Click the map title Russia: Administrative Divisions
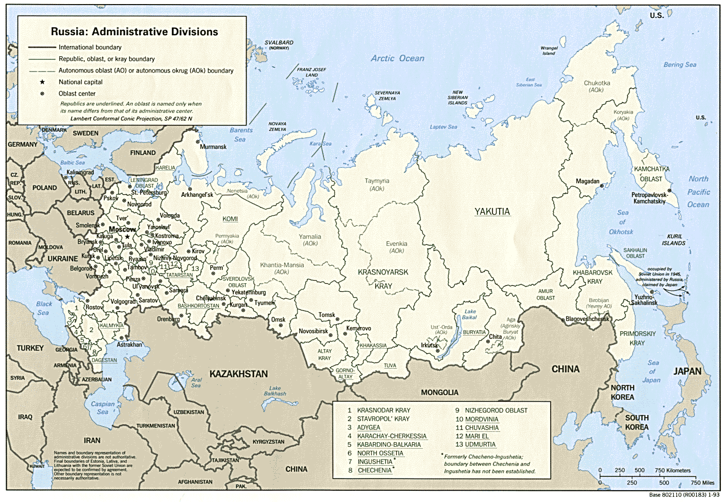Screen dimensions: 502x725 [134, 32]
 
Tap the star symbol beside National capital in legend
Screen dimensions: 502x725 [42, 82]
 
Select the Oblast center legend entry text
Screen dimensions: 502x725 [77, 94]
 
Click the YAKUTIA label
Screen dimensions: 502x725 [492, 212]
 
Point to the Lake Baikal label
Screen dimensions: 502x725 [470, 314]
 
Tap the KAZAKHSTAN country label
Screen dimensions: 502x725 [238, 374]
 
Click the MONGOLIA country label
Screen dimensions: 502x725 [439, 393]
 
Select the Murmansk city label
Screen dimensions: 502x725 [213, 147]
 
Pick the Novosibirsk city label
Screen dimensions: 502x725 [313, 331]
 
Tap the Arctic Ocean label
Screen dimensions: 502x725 [397, 58]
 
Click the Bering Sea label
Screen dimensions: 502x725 [679, 64]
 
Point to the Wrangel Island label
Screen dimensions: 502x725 [549, 51]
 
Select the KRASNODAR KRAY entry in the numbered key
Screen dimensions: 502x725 [383, 410]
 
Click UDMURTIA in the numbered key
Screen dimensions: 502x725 [480, 445]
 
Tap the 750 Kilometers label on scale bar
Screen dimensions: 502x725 [672, 470]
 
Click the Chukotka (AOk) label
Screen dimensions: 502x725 [597, 86]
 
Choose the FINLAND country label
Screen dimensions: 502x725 [143, 153]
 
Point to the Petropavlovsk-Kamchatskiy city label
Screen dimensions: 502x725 [649, 198]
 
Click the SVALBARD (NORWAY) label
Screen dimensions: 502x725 [279, 45]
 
